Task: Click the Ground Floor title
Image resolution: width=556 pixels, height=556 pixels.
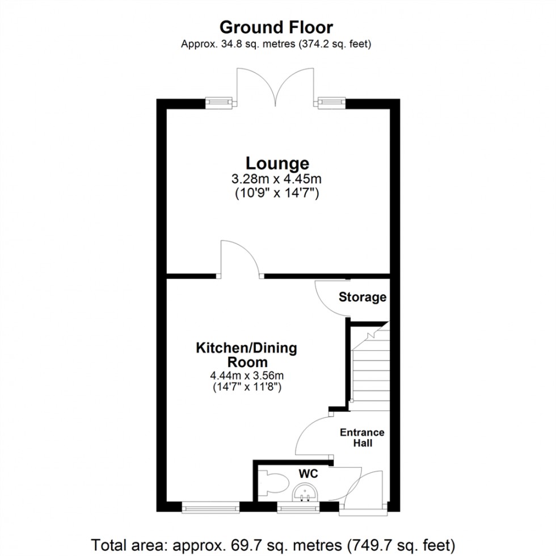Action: click(x=276, y=27)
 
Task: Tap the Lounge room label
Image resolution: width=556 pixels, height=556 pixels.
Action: click(x=277, y=163)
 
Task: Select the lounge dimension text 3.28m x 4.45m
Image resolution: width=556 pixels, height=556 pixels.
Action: click(x=277, y=179)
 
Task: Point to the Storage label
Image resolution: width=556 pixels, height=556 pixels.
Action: click(x=363, y=297)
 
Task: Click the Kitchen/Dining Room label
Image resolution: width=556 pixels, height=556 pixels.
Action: click(x=246, y=355)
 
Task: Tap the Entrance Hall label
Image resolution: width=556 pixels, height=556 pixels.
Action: click(x=362, y=437)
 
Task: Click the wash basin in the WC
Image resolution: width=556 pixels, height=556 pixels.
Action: click(x=307, y=494)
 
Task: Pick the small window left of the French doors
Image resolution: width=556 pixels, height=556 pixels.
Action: click(x=219, y=102)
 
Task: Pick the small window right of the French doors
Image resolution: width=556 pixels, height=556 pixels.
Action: click(x=331, y=102)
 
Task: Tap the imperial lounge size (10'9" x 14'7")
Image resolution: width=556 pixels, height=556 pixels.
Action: click(x=277, y=193)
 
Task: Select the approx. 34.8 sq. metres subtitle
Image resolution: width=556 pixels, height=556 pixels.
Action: click(x=276, y=44)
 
